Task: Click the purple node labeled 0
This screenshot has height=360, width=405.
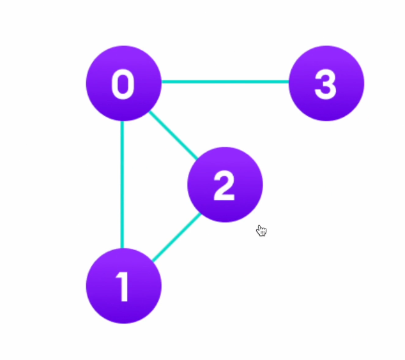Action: pyautogui.click(x=123, y=83)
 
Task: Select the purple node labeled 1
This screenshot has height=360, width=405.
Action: pyautogui.click(x=123, y=286)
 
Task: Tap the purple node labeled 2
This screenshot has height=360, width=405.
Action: pyautogui.click(x=225, y=184)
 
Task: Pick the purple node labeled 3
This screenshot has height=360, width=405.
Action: pyautogui.click(x=326, y=83)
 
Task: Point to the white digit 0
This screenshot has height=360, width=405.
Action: pyautogui.click(x=123, y=84)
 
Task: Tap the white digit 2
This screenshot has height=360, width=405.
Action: pyautogui.click(x=224, y=186)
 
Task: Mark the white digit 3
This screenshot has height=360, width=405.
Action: pyautogui.click(x=326, y=84)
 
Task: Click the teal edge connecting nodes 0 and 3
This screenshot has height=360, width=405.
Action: pyautogui.click(x=225, y=82)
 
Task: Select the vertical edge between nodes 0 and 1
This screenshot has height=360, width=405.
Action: pyautogui.click(x=122, y=184)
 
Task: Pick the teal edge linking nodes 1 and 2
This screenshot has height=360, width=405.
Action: pyautogui.click(x=176, y=237)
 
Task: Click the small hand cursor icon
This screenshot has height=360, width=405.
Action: pyautogui.click(x=261, y=230)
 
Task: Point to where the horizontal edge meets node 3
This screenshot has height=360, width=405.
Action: pyautogui.click(x=290, y=82)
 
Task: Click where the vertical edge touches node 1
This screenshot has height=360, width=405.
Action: pyautogui.click(x=122, y=249)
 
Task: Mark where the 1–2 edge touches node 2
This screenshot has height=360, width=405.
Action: pyautogui.click(x=200, y=213)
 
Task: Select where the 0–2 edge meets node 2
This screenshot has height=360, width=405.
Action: pyautogui.click(x=197, y=158)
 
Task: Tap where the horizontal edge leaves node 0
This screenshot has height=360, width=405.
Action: pyautogui.click(x=161, y=82)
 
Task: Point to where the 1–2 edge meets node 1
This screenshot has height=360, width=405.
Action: pyautogui.click(x=152, y=261)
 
